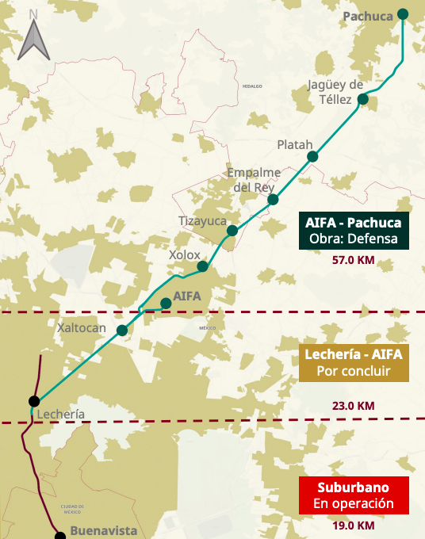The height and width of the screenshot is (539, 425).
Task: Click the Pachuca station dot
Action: pos(403,13)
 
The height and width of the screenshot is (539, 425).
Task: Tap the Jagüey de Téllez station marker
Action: pos(363,99)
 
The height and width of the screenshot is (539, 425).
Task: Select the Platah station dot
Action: pos(312,157)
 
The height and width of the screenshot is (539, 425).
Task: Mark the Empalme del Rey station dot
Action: pos(273,199)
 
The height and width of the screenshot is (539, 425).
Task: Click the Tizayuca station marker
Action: pos(232,231)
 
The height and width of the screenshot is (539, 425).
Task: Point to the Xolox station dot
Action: pos(203,266)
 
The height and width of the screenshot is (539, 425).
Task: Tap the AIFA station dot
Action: pos(166,303)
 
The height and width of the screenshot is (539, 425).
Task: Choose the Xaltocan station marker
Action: pos(122,331)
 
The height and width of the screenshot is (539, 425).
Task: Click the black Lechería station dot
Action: pos(34,401)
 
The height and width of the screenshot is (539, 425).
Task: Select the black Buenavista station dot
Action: pos(60,536)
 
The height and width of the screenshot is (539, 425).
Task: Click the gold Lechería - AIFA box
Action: pos(354,362)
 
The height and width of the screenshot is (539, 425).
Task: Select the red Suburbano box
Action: pos(354,495)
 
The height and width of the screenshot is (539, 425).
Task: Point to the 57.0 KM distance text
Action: pos(354,260)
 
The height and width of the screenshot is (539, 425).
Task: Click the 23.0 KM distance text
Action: pos(354,405)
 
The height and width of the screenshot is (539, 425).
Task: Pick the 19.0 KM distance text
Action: pos(354,525)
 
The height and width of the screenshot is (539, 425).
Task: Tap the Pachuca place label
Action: pos(368,16)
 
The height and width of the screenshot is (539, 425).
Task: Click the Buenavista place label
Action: pos(104,531)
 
